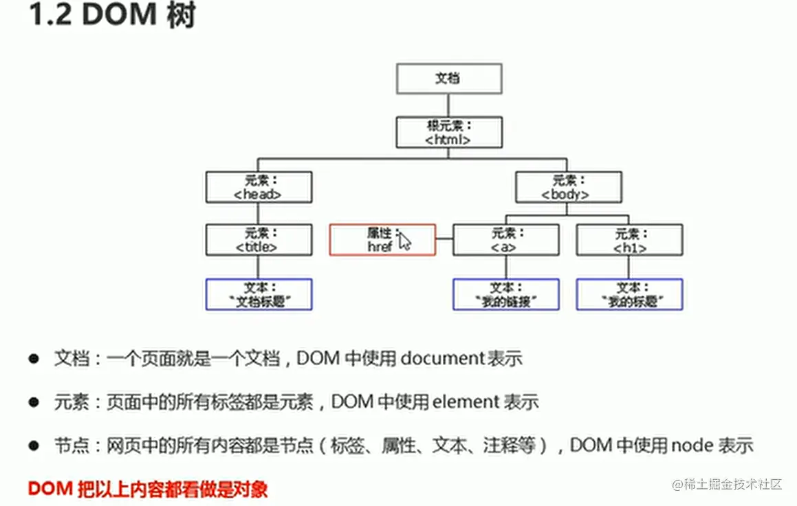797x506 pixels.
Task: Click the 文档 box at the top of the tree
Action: coord(448,78)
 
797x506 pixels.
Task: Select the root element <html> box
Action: coord(448,132)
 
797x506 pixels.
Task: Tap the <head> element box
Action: coord(259,187)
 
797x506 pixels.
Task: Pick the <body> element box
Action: coord(568,187)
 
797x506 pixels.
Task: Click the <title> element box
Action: coord(259,240)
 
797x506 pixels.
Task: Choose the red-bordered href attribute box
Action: coord(382,240)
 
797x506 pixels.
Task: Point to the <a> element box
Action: coord(505,240)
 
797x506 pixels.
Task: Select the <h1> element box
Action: coord(629,240)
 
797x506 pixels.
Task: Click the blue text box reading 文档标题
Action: coord(259,294)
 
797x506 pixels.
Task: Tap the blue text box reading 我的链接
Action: coord(505,294)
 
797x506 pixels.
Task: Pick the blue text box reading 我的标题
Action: coord(629,294)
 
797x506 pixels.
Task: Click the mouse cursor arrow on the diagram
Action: coord(404,241)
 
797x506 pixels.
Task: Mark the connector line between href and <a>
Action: coord(444,240)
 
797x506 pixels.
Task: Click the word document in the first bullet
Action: coord(443,358)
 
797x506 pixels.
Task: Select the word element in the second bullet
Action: coord(467,402)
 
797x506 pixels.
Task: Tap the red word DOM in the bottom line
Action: coord(50,489)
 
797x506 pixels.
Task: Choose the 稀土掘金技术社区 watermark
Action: coord(733,484)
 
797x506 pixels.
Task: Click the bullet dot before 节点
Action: coord(32,446)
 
